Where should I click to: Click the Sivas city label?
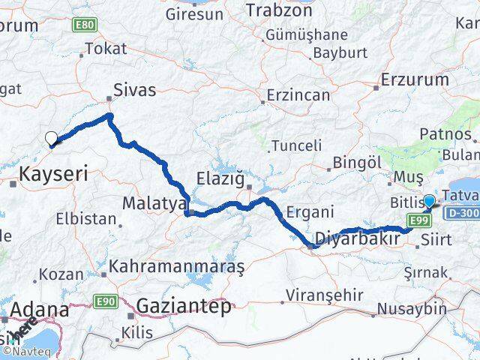coord(134,90)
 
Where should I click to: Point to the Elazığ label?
coord(220,179)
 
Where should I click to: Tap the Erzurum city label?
coord(415,79)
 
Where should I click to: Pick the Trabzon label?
coord(279,13)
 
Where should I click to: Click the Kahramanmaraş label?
coord(177,266)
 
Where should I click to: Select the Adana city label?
coord(39,310)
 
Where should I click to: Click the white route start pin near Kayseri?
coord(52,138)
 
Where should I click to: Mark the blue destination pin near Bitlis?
coord(429,201)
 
